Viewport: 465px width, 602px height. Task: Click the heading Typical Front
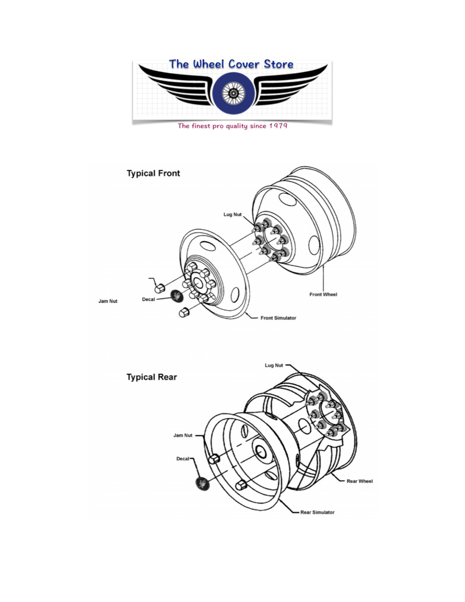153,173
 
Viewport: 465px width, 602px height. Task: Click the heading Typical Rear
151,377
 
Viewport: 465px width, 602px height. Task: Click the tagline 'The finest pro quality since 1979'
232,126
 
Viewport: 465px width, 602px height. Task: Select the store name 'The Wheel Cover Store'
231,64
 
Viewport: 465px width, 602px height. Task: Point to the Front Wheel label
323,294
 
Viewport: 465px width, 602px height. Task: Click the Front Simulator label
278,318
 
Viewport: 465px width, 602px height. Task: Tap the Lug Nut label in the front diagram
232,214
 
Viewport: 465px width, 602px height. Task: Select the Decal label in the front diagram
148,299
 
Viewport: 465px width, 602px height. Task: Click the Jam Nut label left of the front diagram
108,301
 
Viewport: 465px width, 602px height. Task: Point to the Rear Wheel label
359,481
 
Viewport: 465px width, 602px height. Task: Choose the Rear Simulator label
317,512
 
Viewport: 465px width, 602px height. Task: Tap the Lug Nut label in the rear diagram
274,365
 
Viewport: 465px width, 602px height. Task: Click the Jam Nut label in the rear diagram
183,435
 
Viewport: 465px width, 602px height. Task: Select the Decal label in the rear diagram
182,459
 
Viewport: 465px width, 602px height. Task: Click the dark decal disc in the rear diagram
202,483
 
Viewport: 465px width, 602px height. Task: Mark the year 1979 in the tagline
278,126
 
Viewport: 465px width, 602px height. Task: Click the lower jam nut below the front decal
184,312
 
